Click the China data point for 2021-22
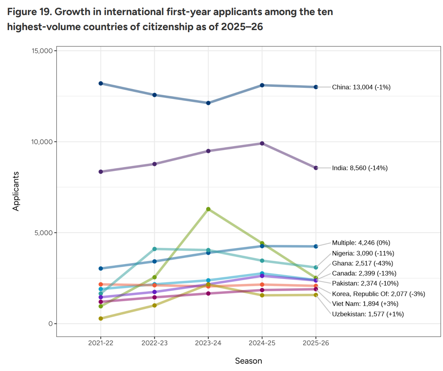[101, 83]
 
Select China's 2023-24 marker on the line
[208, 103]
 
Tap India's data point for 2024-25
[262, 143]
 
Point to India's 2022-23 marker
[155, 164]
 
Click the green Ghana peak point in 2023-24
[208, 209]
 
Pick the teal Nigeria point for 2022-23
[155, 249]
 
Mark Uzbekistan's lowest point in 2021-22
[101, 318]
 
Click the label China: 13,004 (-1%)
[361, 87]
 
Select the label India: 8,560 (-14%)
[360, 168]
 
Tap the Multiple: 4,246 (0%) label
[361, 243]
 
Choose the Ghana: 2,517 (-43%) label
[363, 263]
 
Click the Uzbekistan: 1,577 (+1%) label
[368, 314]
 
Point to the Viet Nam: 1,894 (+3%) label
[365, 304]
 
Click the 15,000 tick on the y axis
[42, 51]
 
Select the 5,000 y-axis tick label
[43, 233]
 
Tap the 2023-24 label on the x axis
[208, 343]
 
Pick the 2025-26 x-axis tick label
[316, 343]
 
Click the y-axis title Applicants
[16, 191]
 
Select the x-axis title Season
[248, 361]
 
